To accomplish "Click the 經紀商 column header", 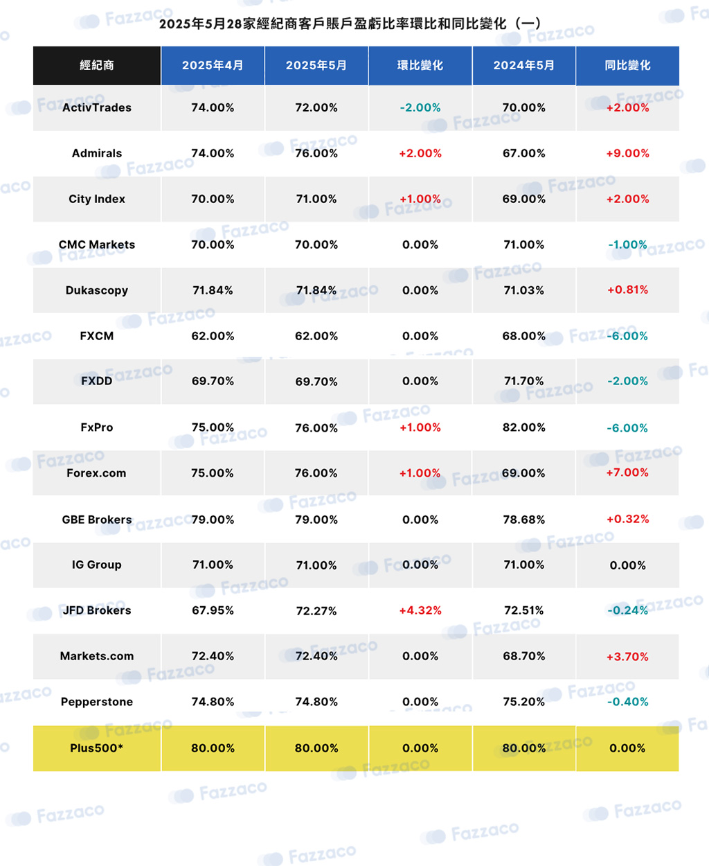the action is [97, 65].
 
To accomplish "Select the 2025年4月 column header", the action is [213, 65].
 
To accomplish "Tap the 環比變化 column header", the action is [420, 65].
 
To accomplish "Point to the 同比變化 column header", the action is [627, 65].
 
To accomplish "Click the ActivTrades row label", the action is [97, 107].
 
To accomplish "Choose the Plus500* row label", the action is [97, 748].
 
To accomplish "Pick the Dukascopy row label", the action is [97, 290].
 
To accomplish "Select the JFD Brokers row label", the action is [97, 610].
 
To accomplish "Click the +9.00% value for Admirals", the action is [627, 153].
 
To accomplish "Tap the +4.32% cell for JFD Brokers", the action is [420, 610].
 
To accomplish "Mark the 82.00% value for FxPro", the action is [524, 427].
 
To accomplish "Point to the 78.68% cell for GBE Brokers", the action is [524, 520].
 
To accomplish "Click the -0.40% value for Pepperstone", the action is [627, 701].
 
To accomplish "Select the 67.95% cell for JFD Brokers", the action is [213, 610].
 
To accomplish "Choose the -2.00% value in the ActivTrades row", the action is [420, 107].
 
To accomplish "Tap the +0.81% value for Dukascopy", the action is [627, 290].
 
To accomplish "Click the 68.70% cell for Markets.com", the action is [524, 656].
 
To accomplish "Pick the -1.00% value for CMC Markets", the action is [627, 245].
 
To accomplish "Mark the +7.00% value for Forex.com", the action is [627, 472].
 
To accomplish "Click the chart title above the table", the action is [350, 24].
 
